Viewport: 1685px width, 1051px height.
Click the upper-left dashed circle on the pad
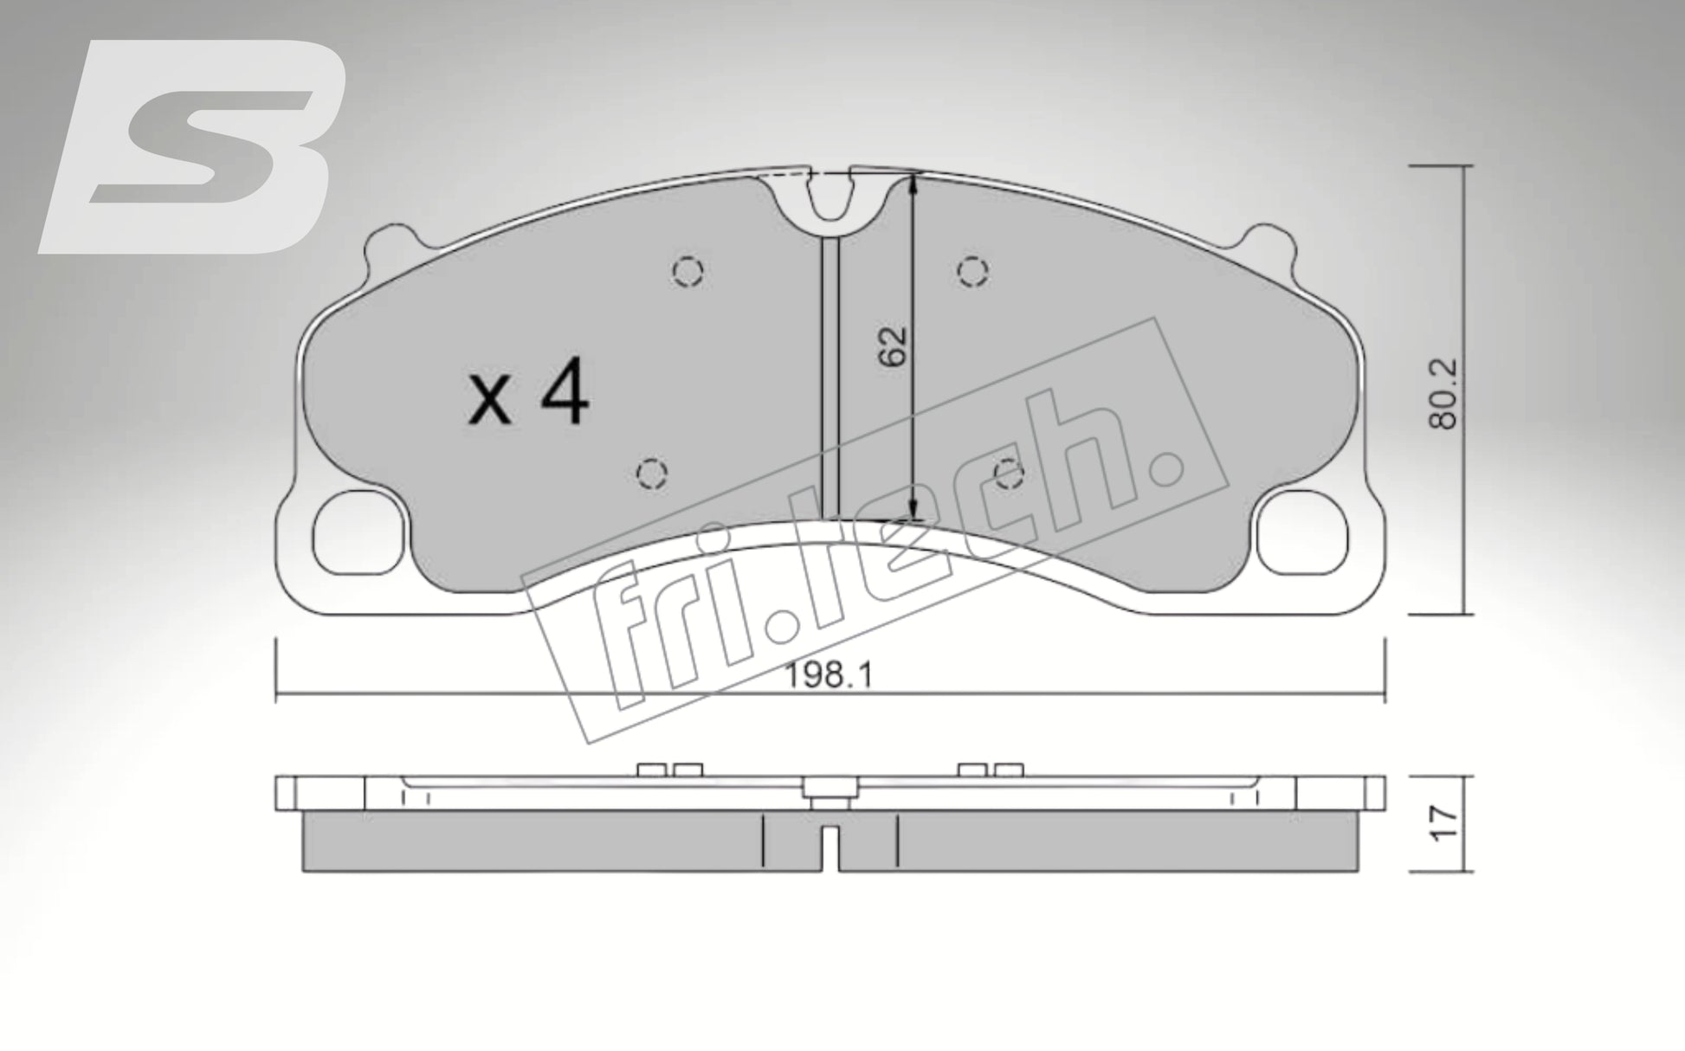click(688, 272)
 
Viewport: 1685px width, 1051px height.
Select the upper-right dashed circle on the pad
click(973, 272)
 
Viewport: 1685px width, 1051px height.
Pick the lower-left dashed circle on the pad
click(651, 474)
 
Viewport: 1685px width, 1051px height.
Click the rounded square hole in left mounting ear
click(357, 533)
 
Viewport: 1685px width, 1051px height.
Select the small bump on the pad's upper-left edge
click(386, 245)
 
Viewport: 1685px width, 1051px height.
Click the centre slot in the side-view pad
click(830, 848)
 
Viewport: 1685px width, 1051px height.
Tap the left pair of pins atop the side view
click(668, 770)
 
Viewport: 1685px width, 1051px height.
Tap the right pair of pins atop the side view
click(991, 770)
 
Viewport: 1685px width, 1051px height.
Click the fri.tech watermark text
click(875, 554)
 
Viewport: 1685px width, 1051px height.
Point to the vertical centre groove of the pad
click(830, 372)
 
